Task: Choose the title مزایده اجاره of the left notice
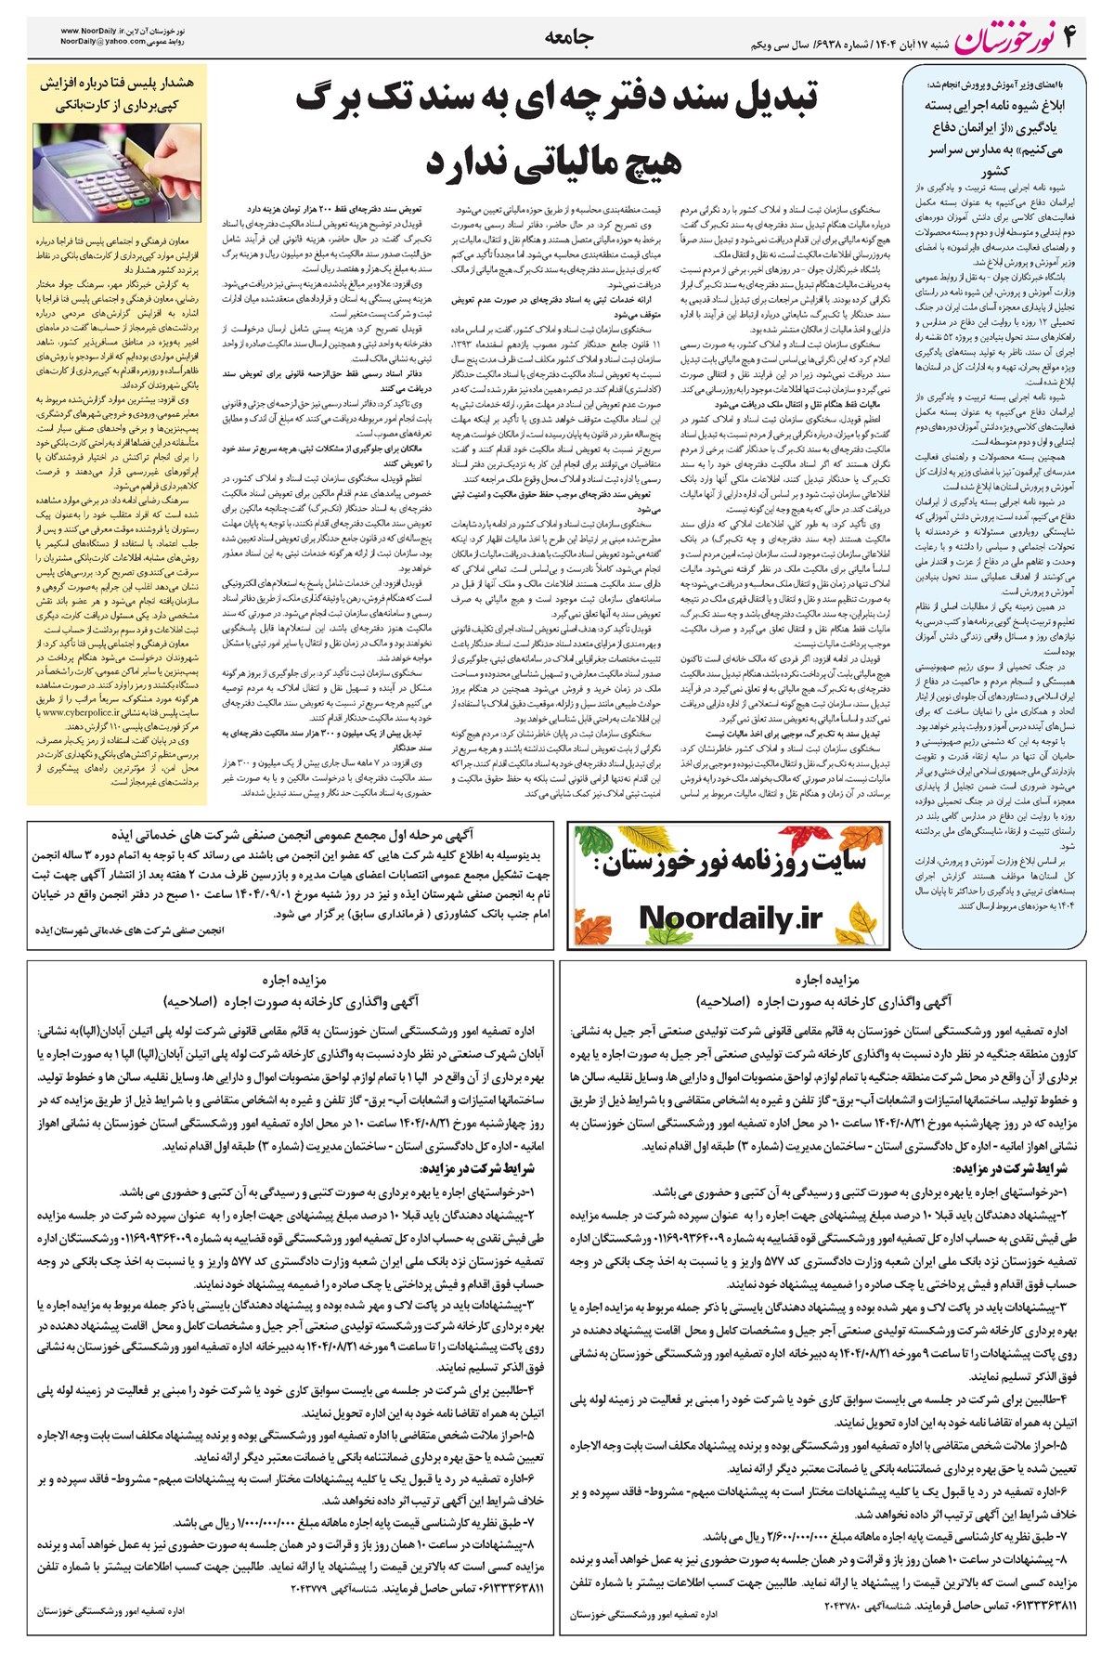click(x=294, y=980)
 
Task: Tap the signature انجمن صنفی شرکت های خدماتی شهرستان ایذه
click(x=130, y=929)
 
